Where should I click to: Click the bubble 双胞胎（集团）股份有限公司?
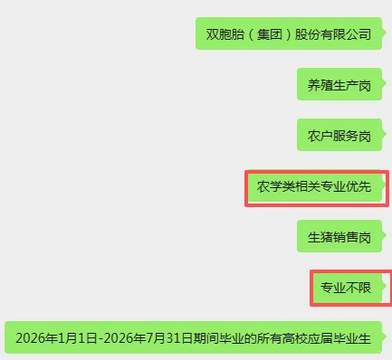click(289, 34)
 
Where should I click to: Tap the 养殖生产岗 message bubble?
click(339, 86)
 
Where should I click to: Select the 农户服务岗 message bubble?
click(339, 137)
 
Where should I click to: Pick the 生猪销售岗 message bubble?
click(339, 239)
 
